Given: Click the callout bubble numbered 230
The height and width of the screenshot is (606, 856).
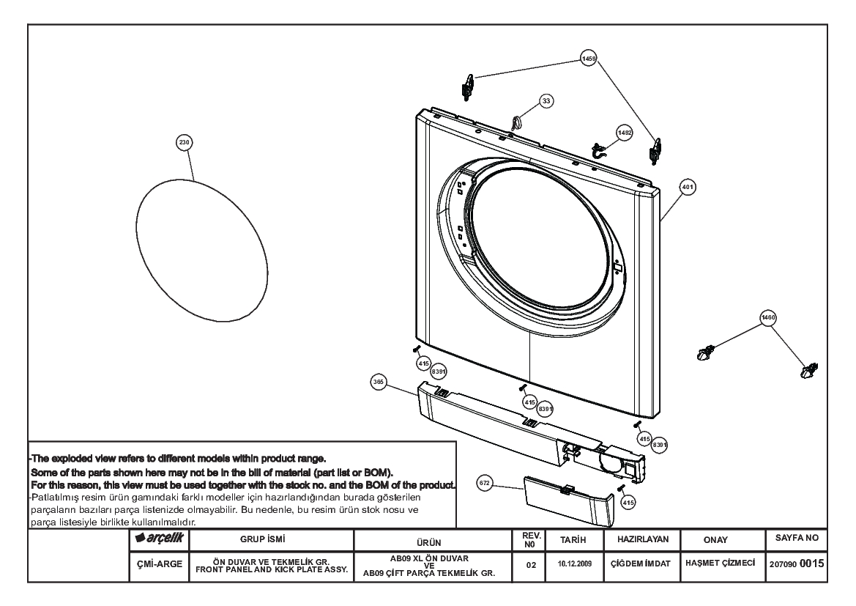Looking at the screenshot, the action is pyautogui.click(x=185, y=143).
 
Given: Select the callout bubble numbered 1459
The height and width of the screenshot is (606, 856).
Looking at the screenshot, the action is pyautogui.click(x=589, y=59).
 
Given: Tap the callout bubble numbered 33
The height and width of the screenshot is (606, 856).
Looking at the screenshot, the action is pyautogui.click(x=546, y=101).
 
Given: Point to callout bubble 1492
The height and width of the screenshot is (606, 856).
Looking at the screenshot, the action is pyautogui.click(x=625, y=133).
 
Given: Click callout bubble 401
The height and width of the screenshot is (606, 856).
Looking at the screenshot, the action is pyautogui.click(x=688, y=187).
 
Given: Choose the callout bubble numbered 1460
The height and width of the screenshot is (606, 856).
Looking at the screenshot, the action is pyautogui.click(x=768, y=317).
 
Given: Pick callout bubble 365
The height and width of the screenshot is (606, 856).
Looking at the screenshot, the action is pyautogui.click(x=379, y=383).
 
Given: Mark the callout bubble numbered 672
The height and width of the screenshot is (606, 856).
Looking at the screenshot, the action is pyautogui.click(x=485, y=483).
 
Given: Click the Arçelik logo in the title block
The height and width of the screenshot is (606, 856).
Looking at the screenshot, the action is pyautogui.click(x=159, y=539).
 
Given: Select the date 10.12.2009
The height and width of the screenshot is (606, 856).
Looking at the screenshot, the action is pyautogui.click(x=575, y=564).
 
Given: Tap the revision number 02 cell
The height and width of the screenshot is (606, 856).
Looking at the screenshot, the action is pyautogui.click(x=531, y=565).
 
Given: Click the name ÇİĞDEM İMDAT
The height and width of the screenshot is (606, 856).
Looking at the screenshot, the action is pyautogui.click(x=641, y=564).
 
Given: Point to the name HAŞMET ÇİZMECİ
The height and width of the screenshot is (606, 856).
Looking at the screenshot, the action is pyautogui.click(x=720, y=563).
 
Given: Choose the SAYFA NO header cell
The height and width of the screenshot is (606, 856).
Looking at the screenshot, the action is pyautogui.click(x=797, y=539).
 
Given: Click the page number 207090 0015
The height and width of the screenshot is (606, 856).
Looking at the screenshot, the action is pyautogui.click(x=797, y=564).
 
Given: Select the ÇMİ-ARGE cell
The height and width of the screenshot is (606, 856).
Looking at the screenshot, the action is pyautogui.click(x=160, y=564).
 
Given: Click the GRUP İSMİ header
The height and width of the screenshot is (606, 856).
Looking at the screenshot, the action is pyautogui.click(x=263, y=539).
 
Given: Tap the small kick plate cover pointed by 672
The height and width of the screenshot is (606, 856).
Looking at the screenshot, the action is pyautogui.click(x=570, y=500).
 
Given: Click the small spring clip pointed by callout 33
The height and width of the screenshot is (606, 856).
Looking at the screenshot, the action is pyautogui.click(x=516, y=122).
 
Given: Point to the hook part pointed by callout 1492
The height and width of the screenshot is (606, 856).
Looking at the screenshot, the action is pyautogui.click(x=600, y=150).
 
